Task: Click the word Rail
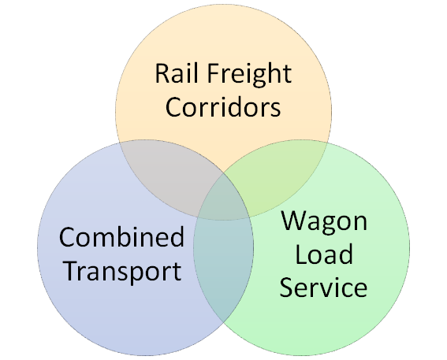176,73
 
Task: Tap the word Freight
249,75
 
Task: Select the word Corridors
223,107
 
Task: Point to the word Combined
121,236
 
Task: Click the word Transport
123,273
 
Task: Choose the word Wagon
325,222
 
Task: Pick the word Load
324,254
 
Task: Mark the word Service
323,287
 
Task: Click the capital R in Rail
162,73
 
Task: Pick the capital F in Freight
213,73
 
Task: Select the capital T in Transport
73,271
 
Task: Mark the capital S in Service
286,287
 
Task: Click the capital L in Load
301,254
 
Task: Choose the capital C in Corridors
173,107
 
